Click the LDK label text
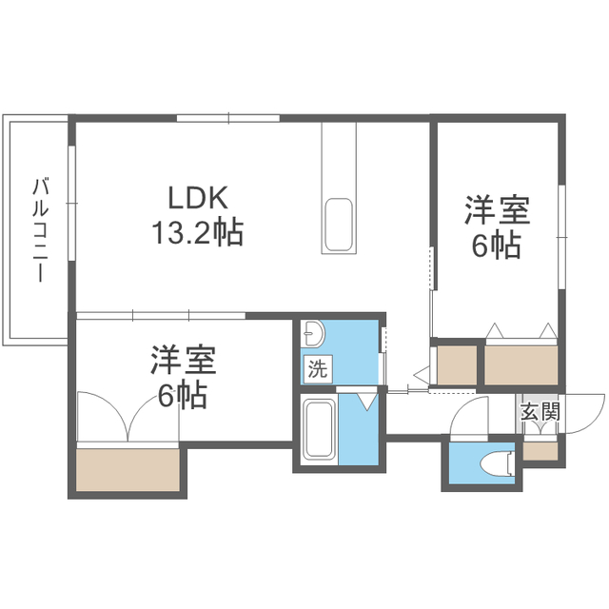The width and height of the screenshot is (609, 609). click(x=198, y=199)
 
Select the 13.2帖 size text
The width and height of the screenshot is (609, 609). click(x=198, y=232)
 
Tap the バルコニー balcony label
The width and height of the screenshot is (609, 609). click(x=40, y=229)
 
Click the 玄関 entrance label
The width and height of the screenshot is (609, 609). click(x=540, y=412)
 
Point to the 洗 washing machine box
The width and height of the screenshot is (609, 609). click(x=318, y=369)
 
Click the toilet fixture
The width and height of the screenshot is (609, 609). click(x=498, y=463)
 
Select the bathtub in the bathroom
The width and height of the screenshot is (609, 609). click(x=320, y=429)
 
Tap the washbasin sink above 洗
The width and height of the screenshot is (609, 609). click(x=314, y=333)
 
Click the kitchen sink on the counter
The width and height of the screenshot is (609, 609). click(x=339, y=226)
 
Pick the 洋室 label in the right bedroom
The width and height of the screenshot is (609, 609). click(x=497, y=211)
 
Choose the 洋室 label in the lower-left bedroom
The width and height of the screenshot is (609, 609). click(x=184, y=360)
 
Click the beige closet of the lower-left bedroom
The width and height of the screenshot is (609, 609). click(x=128, y=469)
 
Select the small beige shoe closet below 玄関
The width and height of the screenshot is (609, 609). click(x=540, y=451)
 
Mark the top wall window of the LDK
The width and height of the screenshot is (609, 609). click(x=228, y=118)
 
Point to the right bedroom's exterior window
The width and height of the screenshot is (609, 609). click(x=561, y=237)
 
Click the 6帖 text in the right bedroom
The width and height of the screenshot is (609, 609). click(x=497, y=246)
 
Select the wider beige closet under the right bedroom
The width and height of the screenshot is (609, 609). click(x=521, y=365)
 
